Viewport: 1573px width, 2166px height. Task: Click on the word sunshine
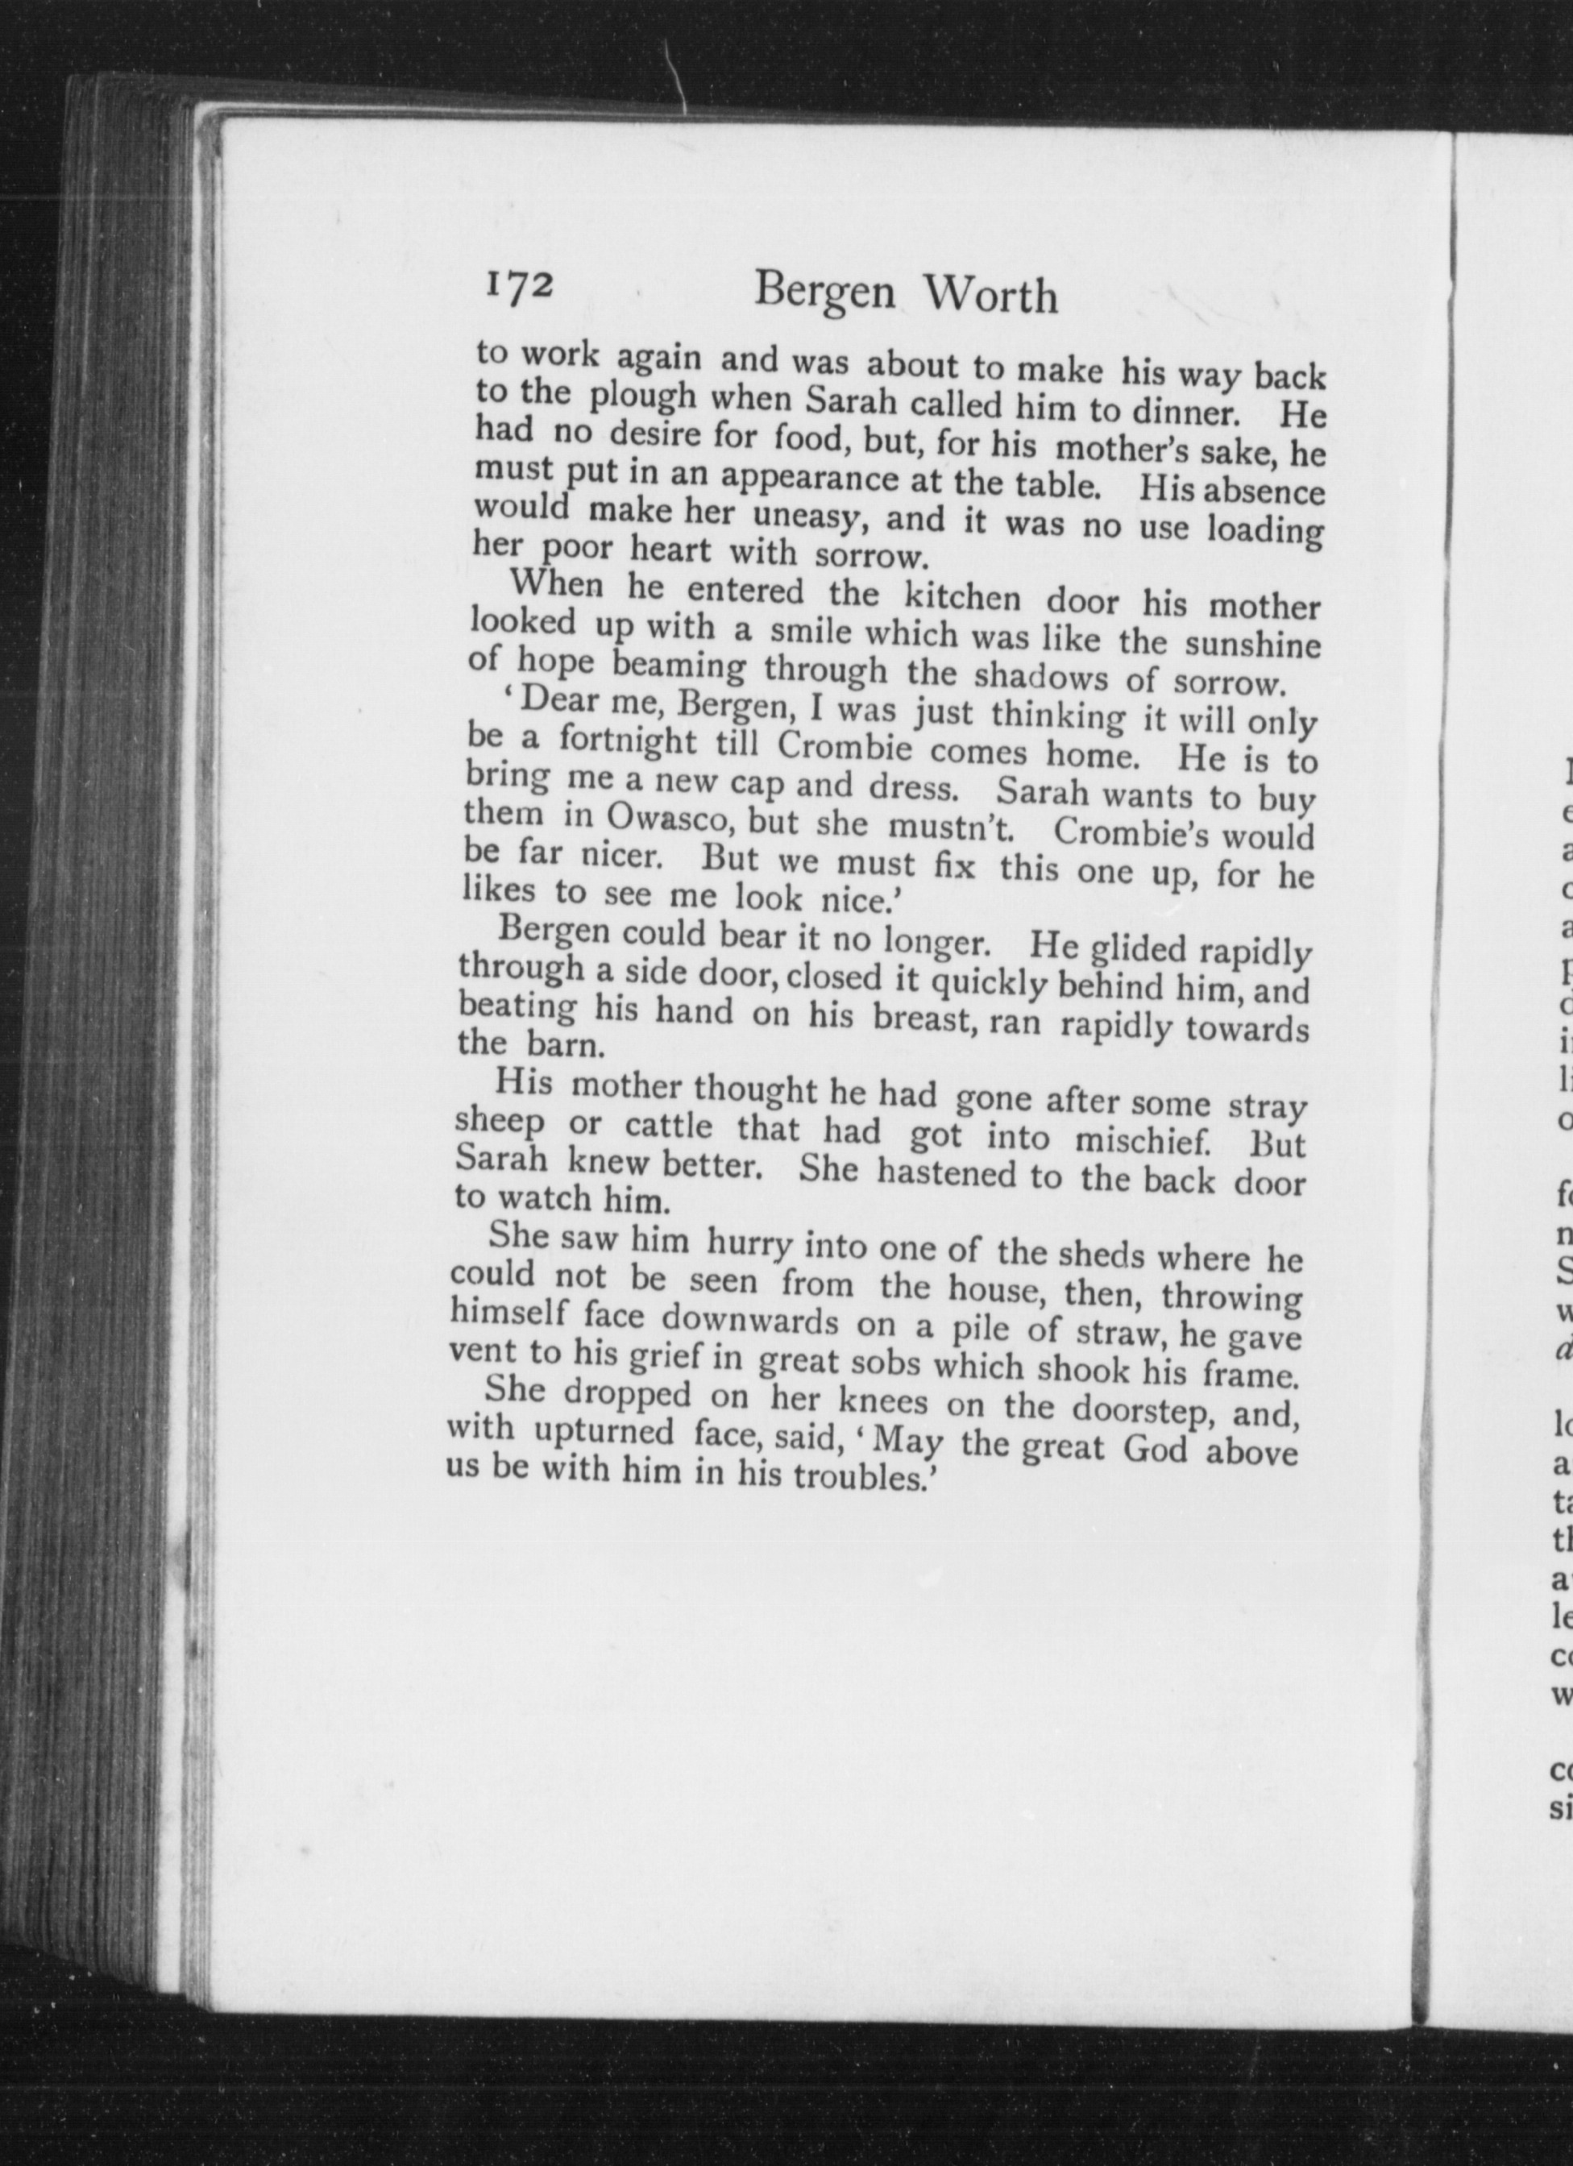click(1252, 645)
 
